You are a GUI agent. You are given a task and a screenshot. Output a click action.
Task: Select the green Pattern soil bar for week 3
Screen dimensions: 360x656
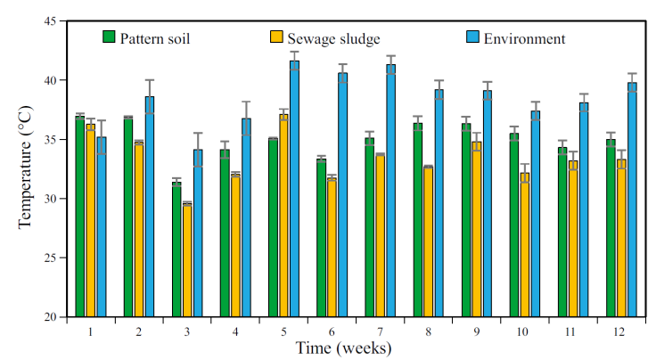(176, 250)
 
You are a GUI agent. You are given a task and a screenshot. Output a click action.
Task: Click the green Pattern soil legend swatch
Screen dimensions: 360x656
(111, 38)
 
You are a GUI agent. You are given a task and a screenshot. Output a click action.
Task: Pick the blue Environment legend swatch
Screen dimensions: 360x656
(473, 38)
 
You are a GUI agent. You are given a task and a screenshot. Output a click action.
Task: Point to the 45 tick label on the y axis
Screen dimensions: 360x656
(47, 21)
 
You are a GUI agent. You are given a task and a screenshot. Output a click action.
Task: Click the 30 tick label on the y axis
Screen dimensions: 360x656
(47, 199)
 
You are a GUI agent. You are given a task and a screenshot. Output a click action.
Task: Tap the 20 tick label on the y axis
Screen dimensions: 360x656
(47, 317)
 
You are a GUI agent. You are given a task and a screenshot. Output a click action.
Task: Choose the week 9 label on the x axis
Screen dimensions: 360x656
(477, 331)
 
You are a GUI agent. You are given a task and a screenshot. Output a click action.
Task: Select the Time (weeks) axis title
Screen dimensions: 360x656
(343, 348)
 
